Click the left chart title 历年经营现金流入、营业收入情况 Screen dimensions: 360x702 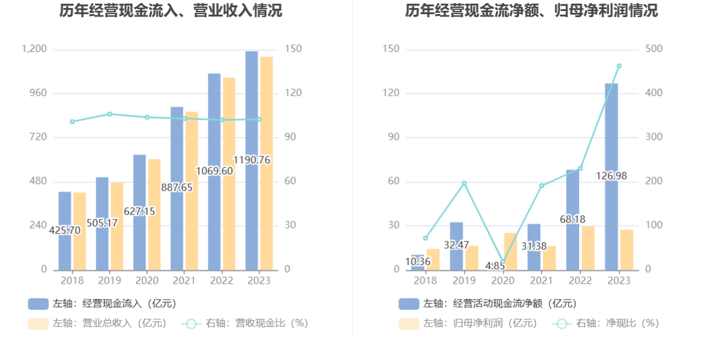[x=171, y=10]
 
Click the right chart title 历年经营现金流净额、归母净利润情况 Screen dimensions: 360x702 [x=531, y=10]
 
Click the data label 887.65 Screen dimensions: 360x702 [x=177, y=188]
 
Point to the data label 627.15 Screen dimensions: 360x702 [x=139, y=211]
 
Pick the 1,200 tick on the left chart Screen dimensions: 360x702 [x=35, y=49]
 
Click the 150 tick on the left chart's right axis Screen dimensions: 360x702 [x=293, y=49]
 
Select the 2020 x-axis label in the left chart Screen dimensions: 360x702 [x=147, y=281]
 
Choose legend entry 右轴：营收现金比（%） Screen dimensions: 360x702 [x=245, y=323]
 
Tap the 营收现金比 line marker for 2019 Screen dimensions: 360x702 [x=109, y=114]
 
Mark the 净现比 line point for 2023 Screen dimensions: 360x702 [x=619, y=66]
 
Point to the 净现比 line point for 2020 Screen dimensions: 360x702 [x=503, y=262]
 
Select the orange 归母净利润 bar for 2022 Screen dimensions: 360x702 [x=588, y=248]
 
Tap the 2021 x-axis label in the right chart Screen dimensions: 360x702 [x=541, y=281]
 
